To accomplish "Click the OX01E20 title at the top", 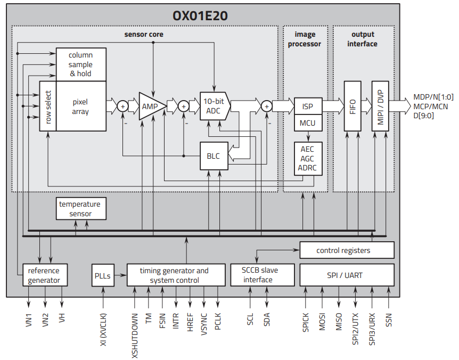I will [x=200, y=15].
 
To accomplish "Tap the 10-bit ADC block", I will [x=214, y=107].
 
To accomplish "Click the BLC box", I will [x=213, y=156].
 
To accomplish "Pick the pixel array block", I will [x=81, y=107].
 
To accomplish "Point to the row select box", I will [x=48, y=107].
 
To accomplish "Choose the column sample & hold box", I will [x=81, y=64].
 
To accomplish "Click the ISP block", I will [x=307, y=107].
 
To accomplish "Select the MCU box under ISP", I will [x=307, y=123].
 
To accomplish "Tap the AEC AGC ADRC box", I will [x=307, y=159].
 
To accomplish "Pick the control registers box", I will [x=347, y=250].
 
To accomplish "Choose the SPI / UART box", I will [x=347, y=275].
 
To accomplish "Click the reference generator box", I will [x=45, y=275].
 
